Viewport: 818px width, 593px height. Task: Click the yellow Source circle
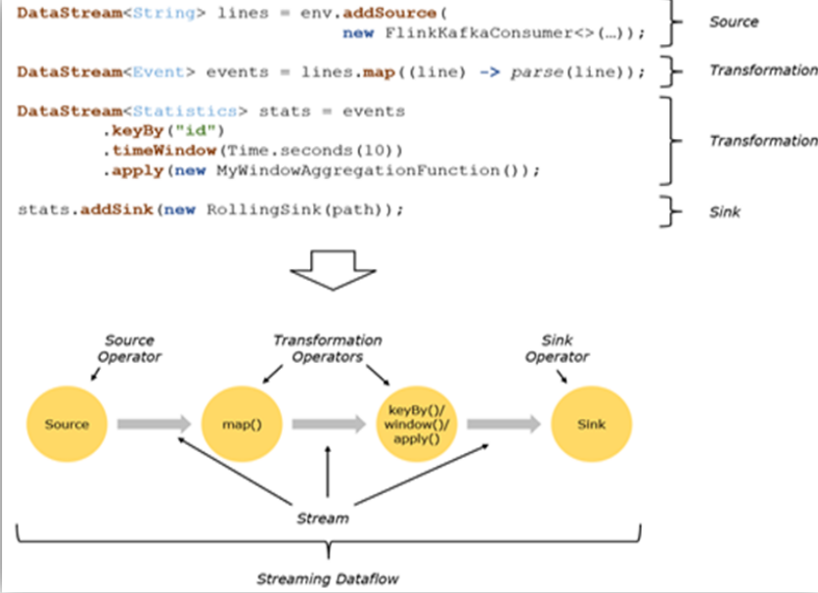(x=67, y=425)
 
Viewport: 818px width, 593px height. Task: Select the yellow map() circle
(x=240, y=425)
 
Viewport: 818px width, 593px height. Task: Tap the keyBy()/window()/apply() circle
(x=412, y=425)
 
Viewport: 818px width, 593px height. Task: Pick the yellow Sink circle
(x=591, y=425)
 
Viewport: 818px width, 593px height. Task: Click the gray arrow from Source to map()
(x=154, y=425)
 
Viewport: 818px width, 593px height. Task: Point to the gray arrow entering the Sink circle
(x=502, y=425)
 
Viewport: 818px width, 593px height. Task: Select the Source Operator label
(x=131, y=348)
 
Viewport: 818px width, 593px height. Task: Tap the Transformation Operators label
(x=327, y=348)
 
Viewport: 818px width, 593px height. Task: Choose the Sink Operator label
(x=556, y=348)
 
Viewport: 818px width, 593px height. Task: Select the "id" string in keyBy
(x=206, y=131)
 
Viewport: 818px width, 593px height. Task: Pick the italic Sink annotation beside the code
(x=725, y=210)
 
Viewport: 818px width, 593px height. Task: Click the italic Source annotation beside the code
(x=733, y=22)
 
